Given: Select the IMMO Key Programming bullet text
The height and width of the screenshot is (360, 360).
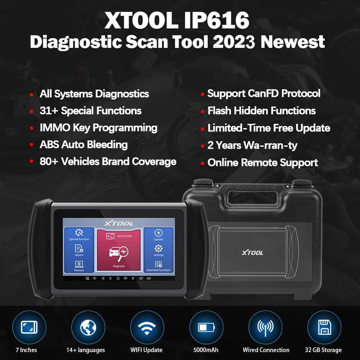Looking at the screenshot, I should pos(98,127).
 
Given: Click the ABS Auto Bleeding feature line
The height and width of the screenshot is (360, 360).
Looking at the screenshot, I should pos(84,144).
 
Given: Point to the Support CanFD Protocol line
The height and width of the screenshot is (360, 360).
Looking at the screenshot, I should pos(264,94).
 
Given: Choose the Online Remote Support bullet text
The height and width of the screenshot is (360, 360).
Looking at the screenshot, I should pos(262,162).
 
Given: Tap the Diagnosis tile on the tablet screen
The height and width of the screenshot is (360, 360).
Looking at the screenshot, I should pos(118,256).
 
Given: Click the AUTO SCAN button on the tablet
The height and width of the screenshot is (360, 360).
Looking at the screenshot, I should pos(118,236).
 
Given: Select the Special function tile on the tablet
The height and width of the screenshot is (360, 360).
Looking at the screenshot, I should pos(79,234).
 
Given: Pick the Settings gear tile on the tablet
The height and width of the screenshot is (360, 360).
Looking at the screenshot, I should pos(158,250).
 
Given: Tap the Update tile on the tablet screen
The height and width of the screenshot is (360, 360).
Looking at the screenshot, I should pos(158,234).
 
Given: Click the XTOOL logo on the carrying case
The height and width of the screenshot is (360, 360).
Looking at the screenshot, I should pos(252,252).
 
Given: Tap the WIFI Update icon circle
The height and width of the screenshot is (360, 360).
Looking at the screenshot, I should pos(147,327).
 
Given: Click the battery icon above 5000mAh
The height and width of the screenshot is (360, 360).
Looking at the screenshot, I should pos(206,327).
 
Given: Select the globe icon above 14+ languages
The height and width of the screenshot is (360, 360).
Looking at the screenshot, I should pos(88,327).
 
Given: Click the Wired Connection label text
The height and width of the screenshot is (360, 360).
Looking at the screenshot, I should pos(266,350).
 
